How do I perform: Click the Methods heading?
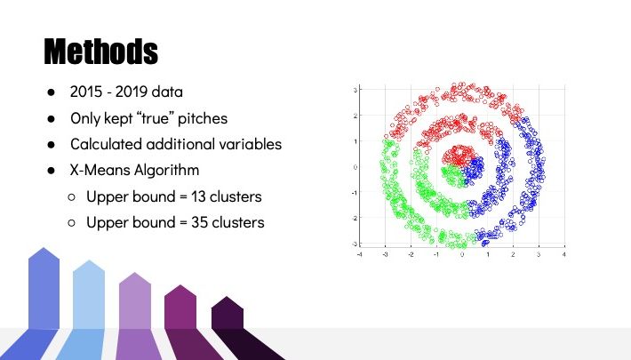(x=101, y=52)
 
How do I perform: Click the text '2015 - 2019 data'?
(x=126, y=92)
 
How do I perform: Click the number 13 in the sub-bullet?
(x=198, y=196)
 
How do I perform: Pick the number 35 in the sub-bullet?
(x=199, y=222)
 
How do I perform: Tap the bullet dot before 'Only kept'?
(x=52, y=118)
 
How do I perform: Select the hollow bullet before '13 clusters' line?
(x=72, y=197)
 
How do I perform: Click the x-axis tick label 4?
(x=564, y=254)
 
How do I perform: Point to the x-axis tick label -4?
(x=359, y=254)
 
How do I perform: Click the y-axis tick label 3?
(x=355, y=90)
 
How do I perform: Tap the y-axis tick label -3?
(x=355, y=244)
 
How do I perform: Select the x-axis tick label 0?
(x=462, y=254)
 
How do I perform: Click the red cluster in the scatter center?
(x=458, y=155)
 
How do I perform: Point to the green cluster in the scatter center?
(x=453, y=176)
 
